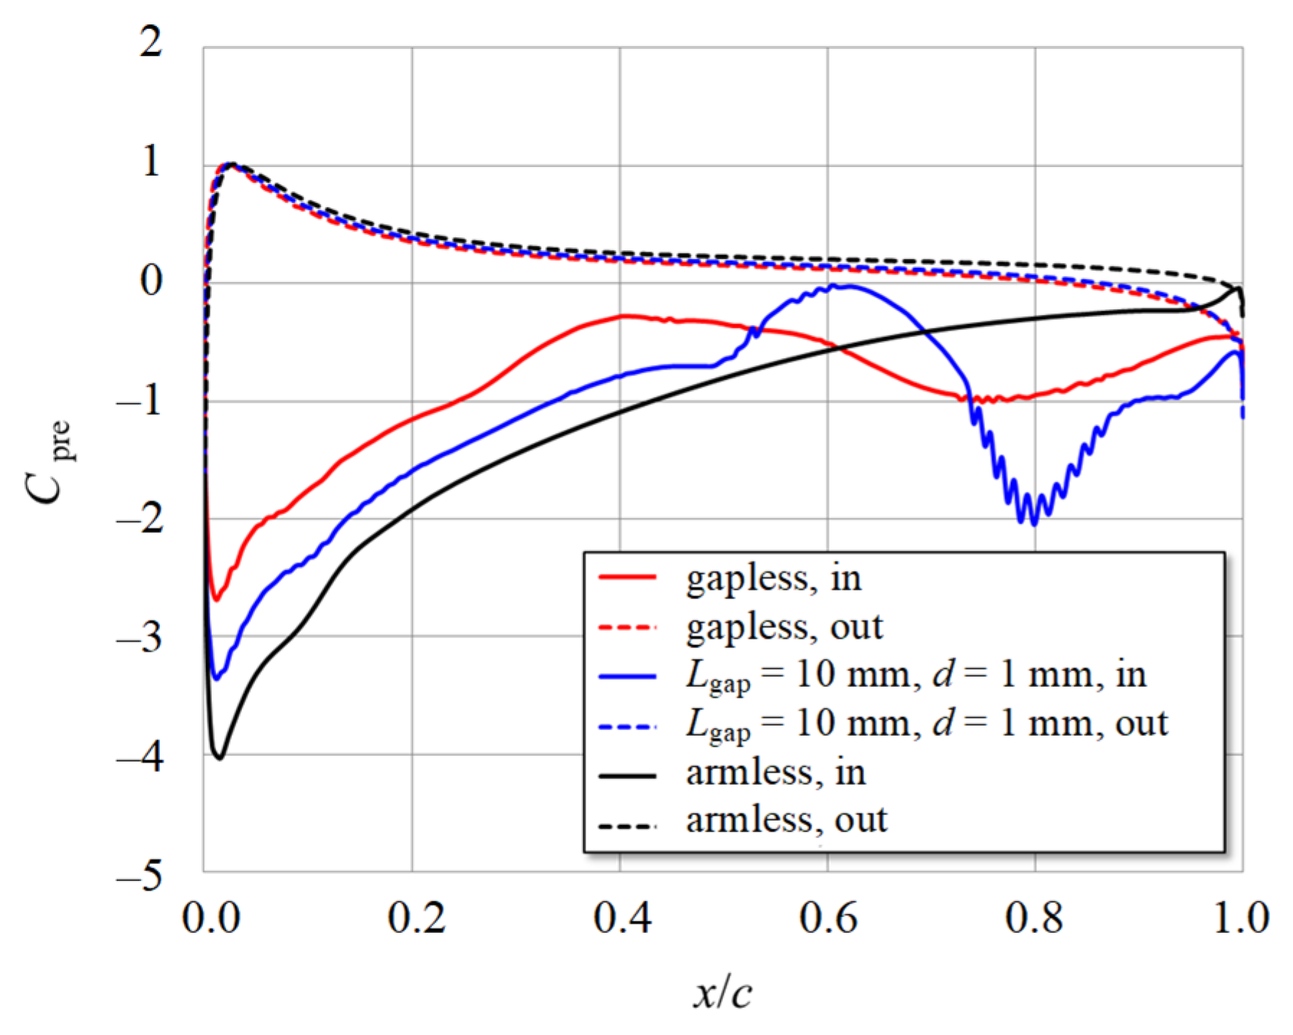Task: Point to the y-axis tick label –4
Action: [140, 758]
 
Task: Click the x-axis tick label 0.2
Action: [416, 918]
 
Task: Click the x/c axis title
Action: [722, 993]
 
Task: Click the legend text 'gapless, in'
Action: [773, 578]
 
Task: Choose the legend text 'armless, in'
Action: [776, 772]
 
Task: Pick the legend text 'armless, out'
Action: [786, 819]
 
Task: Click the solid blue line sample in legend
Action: [627, 675]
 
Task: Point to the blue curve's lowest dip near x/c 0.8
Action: [1035, 524]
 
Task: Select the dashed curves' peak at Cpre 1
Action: [230, 165]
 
